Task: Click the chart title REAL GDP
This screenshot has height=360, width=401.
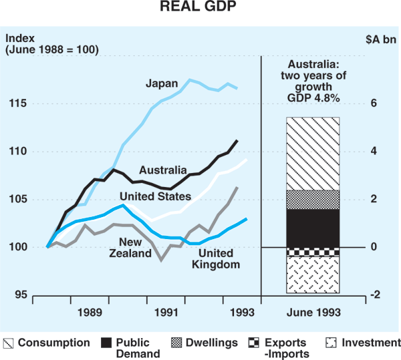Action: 200,9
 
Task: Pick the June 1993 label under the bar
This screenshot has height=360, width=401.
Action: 312,312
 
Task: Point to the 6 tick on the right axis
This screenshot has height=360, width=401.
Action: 374,104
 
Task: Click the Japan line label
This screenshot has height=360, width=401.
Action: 162,83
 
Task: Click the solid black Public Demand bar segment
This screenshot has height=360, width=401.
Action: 312,228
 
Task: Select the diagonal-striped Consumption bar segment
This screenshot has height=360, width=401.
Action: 312,154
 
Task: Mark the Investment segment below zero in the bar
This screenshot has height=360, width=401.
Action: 312,275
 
